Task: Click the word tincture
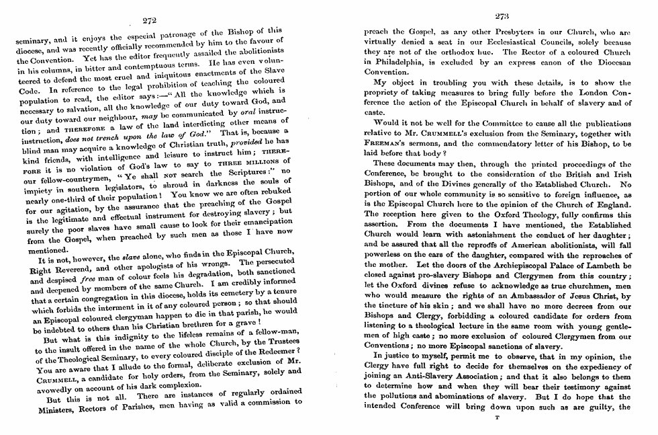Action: [x=391, y=306]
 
